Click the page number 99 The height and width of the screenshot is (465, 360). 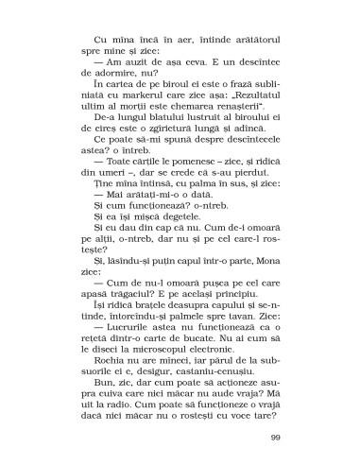coord(275,437)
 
